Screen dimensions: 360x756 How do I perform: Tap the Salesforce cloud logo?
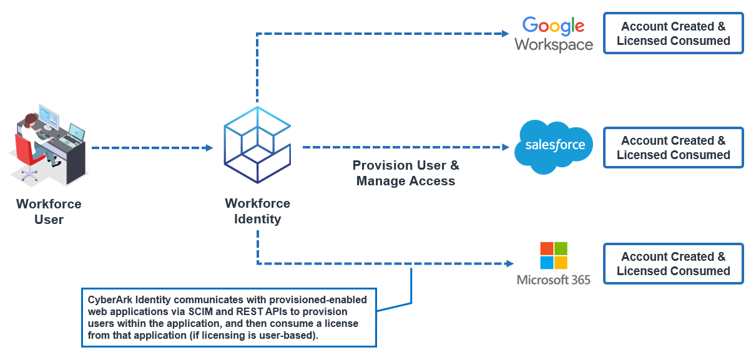pos(554,146)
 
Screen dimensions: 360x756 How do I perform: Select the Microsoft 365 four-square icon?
pos(553,255)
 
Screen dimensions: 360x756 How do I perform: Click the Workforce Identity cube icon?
pos(257,145)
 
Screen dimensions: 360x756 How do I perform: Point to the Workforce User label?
pos(49,212)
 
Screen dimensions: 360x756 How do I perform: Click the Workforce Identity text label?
pos(257,212)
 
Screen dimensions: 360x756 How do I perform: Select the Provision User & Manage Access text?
pos(406,173)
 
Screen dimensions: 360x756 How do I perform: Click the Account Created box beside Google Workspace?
pos(673,34)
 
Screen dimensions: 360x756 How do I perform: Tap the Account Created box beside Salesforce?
pos(673,148)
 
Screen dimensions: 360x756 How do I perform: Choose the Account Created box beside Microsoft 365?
pos(673,263)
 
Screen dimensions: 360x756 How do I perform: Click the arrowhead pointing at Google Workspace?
pos(506,33)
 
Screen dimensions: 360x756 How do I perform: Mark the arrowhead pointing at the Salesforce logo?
pos(506,148)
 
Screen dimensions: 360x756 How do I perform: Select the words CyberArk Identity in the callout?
pos(122,300)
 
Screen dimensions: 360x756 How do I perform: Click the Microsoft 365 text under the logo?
pos(553,280)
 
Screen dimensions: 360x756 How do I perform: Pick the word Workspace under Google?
pos(553,45)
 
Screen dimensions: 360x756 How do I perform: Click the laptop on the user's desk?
pos(75,133)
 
